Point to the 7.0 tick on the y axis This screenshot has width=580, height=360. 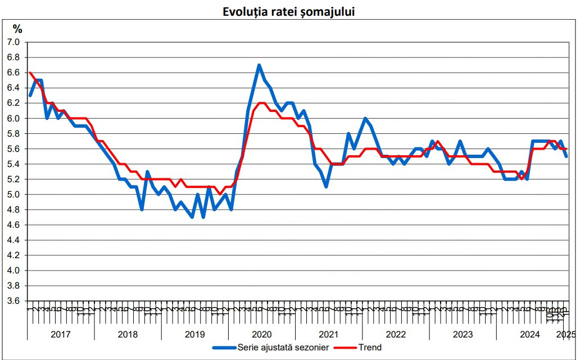coord(13,42)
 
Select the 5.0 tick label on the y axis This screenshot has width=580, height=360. coord(13,195)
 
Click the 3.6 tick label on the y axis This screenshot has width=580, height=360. coord(13,301)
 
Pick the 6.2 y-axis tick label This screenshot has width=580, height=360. coord(13,103)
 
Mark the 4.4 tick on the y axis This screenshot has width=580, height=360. coord(13,240)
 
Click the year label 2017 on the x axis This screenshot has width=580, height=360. coord(60,335)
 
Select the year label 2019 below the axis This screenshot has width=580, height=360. coord(194,335)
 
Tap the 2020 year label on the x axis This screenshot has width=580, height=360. coord(261,335)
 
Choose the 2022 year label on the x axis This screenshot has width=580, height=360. coord(396,335)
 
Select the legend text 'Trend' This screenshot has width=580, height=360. coord(371,348)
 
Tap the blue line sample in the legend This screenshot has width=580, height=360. coord(224,348)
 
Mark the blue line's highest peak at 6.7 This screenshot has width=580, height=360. coord(259,65)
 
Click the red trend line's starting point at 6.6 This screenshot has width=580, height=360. coord(30,73)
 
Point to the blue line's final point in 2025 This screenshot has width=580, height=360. coord(566,156)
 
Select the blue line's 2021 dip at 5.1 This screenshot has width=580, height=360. coord(326,187)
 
